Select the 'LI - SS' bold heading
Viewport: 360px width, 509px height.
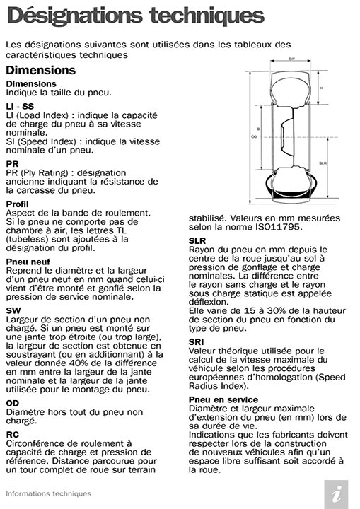pyautogui.click(x=19, y=105)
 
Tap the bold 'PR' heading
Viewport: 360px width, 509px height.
pyautogui.click(x=12, y=163)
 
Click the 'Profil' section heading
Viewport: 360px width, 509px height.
pyautogui.click(x=16, y=204)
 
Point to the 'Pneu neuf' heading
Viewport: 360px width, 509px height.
pyautogui.click(x=27, y=261)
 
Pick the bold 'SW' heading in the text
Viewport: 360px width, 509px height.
pyautogui.click(x=13, y=310)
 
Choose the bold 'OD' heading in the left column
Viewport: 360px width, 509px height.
pyautogui.click(x=13, y=403)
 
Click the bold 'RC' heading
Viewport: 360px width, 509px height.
pyautogui.click(x=13, y=433)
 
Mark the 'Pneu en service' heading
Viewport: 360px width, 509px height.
pyautogui.click(x=223, y=399)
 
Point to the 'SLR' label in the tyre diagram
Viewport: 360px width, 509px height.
pyautogui.click(x=323, y=163)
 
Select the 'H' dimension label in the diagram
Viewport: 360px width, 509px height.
pyautogui.click(x=321, y=88)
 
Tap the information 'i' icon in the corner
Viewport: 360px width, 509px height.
pyautogui.click(x=340, y=493)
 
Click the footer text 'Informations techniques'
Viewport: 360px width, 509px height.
pyautogui.click(x=48, y=493)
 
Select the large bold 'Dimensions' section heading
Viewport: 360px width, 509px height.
pyautogui.click(x=40, y=70)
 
